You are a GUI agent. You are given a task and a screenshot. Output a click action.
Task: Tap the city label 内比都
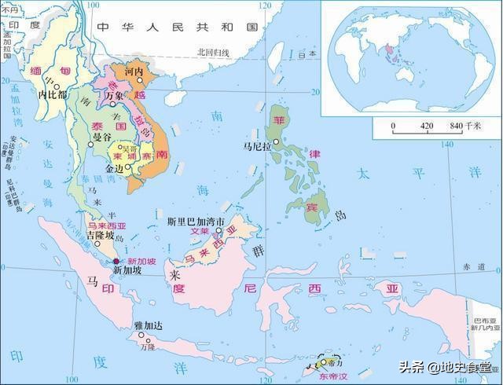click(53, 94)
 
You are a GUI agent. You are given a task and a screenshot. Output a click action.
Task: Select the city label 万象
click(115, 95)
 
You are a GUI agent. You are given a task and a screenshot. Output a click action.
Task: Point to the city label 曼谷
click(102, 137)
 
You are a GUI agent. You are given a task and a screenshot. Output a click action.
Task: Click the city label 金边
click(115, 168)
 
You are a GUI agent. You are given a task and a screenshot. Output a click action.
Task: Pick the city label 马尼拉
click(257, 147)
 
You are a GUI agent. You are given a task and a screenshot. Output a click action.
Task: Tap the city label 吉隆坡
click(99, 235)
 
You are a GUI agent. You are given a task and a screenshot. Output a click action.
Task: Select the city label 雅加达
click(148, 324)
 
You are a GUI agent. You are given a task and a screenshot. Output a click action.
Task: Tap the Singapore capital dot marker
click(116, 261)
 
